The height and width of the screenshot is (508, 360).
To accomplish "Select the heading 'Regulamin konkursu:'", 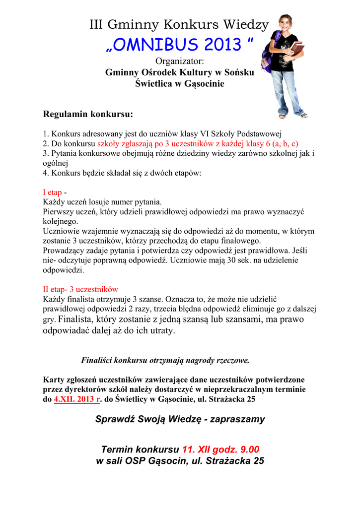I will (x=88, y=115).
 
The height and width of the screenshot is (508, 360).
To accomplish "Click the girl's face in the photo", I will (x=286, y=23).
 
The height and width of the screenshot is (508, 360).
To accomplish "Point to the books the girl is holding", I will (x=296, y=49).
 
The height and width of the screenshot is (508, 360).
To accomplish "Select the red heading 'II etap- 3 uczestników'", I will (x=80, y=289).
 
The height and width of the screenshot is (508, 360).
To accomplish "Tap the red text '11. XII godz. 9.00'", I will (x=221, y=449).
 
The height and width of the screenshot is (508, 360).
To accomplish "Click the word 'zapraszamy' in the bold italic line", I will (x=238, y=419).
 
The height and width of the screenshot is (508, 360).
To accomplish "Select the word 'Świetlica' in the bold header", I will (x=152, y=83).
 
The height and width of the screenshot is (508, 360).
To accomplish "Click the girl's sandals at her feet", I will (x=293, y=116).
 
